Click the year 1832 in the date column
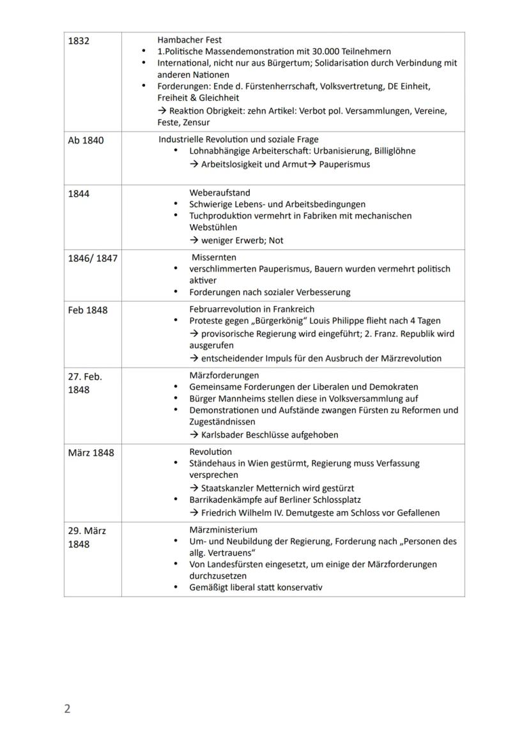79,41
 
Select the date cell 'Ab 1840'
86,141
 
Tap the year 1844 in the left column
79,194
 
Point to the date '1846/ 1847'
93,259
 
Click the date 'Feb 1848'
88,310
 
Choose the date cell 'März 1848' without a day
91,453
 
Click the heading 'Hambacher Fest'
190,40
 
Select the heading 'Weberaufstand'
220,192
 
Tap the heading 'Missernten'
214,257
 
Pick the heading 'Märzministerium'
224,530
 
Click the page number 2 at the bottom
67,709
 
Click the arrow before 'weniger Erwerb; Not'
194,241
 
